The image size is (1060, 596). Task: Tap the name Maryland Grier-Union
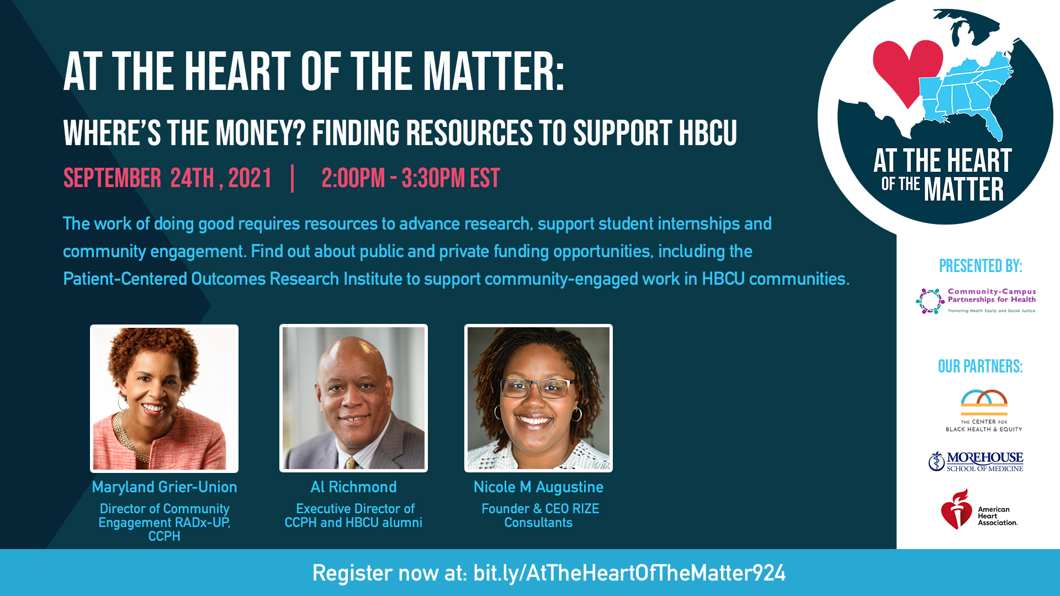point(165,487)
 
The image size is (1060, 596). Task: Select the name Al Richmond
point(353,487)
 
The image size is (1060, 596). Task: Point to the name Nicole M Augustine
point(538,487)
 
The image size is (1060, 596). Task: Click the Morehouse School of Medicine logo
point(976,461)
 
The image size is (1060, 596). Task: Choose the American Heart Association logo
point(979,509)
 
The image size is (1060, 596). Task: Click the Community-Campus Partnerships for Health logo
point(976,301)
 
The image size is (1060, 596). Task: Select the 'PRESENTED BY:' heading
point(981,266)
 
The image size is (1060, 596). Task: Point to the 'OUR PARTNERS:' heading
point(980,366)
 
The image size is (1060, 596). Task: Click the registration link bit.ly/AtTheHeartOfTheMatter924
point(629,573)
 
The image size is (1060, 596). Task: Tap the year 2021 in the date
point(250,178)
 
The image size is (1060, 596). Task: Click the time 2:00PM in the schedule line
point(353,178)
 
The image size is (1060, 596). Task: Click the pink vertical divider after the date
point(292,178)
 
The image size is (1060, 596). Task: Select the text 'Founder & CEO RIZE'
point(540,509)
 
